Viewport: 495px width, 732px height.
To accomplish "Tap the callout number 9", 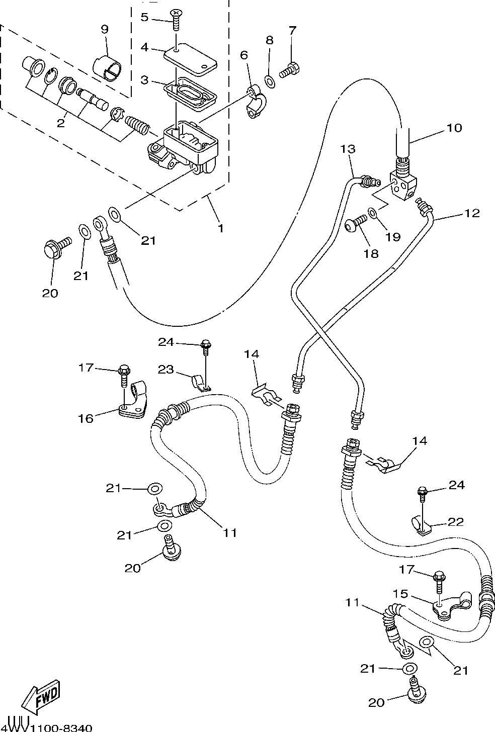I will click(105, 29).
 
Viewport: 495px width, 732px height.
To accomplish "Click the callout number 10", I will click(454, 128).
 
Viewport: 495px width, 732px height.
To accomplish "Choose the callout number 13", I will click(347, 149).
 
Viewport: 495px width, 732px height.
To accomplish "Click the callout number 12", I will click(472, 213).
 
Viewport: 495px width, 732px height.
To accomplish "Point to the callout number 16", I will click(86, 418).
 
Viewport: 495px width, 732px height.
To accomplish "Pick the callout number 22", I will click(456, 522).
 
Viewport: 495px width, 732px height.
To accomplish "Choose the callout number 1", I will click(220, 228).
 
